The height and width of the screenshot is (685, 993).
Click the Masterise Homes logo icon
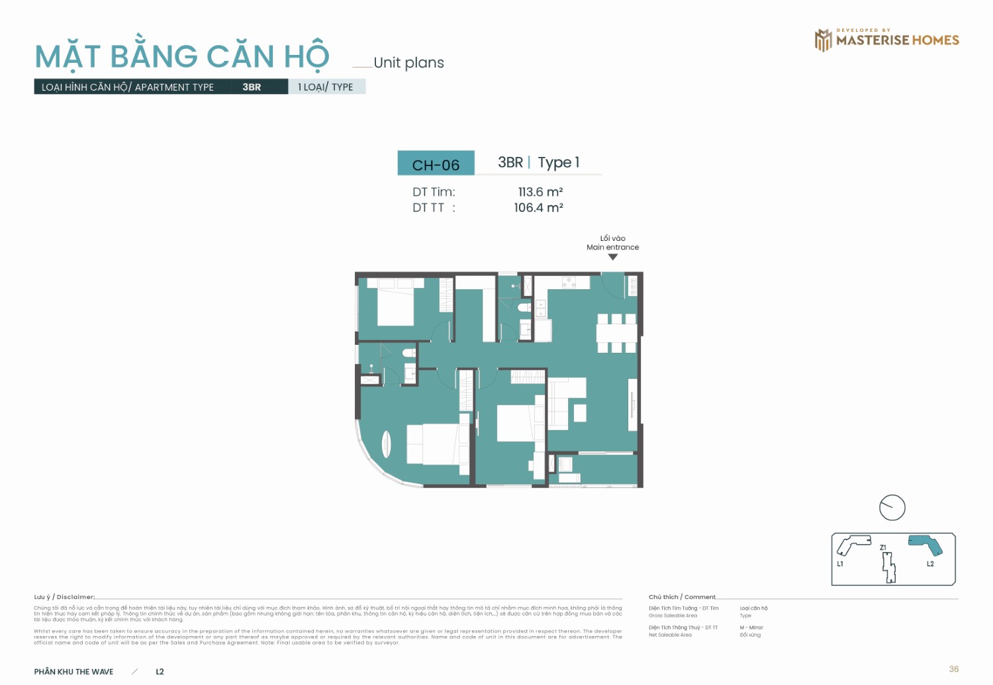823,40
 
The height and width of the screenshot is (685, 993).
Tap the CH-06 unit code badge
436,164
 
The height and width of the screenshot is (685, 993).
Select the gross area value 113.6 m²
540,192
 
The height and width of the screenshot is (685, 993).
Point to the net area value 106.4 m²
538,208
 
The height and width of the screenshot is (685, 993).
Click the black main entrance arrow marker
613,257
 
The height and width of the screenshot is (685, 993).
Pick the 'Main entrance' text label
613,248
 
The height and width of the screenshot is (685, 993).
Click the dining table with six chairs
617,333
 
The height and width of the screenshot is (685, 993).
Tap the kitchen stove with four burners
569,283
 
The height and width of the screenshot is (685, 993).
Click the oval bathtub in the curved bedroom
387,443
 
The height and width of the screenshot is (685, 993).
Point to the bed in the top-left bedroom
396,304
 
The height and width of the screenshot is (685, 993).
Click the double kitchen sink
541,308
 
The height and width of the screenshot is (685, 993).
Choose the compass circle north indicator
892,508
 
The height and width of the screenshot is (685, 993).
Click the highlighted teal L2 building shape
927,545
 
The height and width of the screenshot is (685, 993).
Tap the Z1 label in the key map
883,547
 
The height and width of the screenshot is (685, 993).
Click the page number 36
953,669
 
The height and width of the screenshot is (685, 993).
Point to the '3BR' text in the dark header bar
252,87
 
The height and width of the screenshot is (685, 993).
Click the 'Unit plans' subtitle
408,63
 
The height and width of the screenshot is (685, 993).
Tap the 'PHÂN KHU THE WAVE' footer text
74,672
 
